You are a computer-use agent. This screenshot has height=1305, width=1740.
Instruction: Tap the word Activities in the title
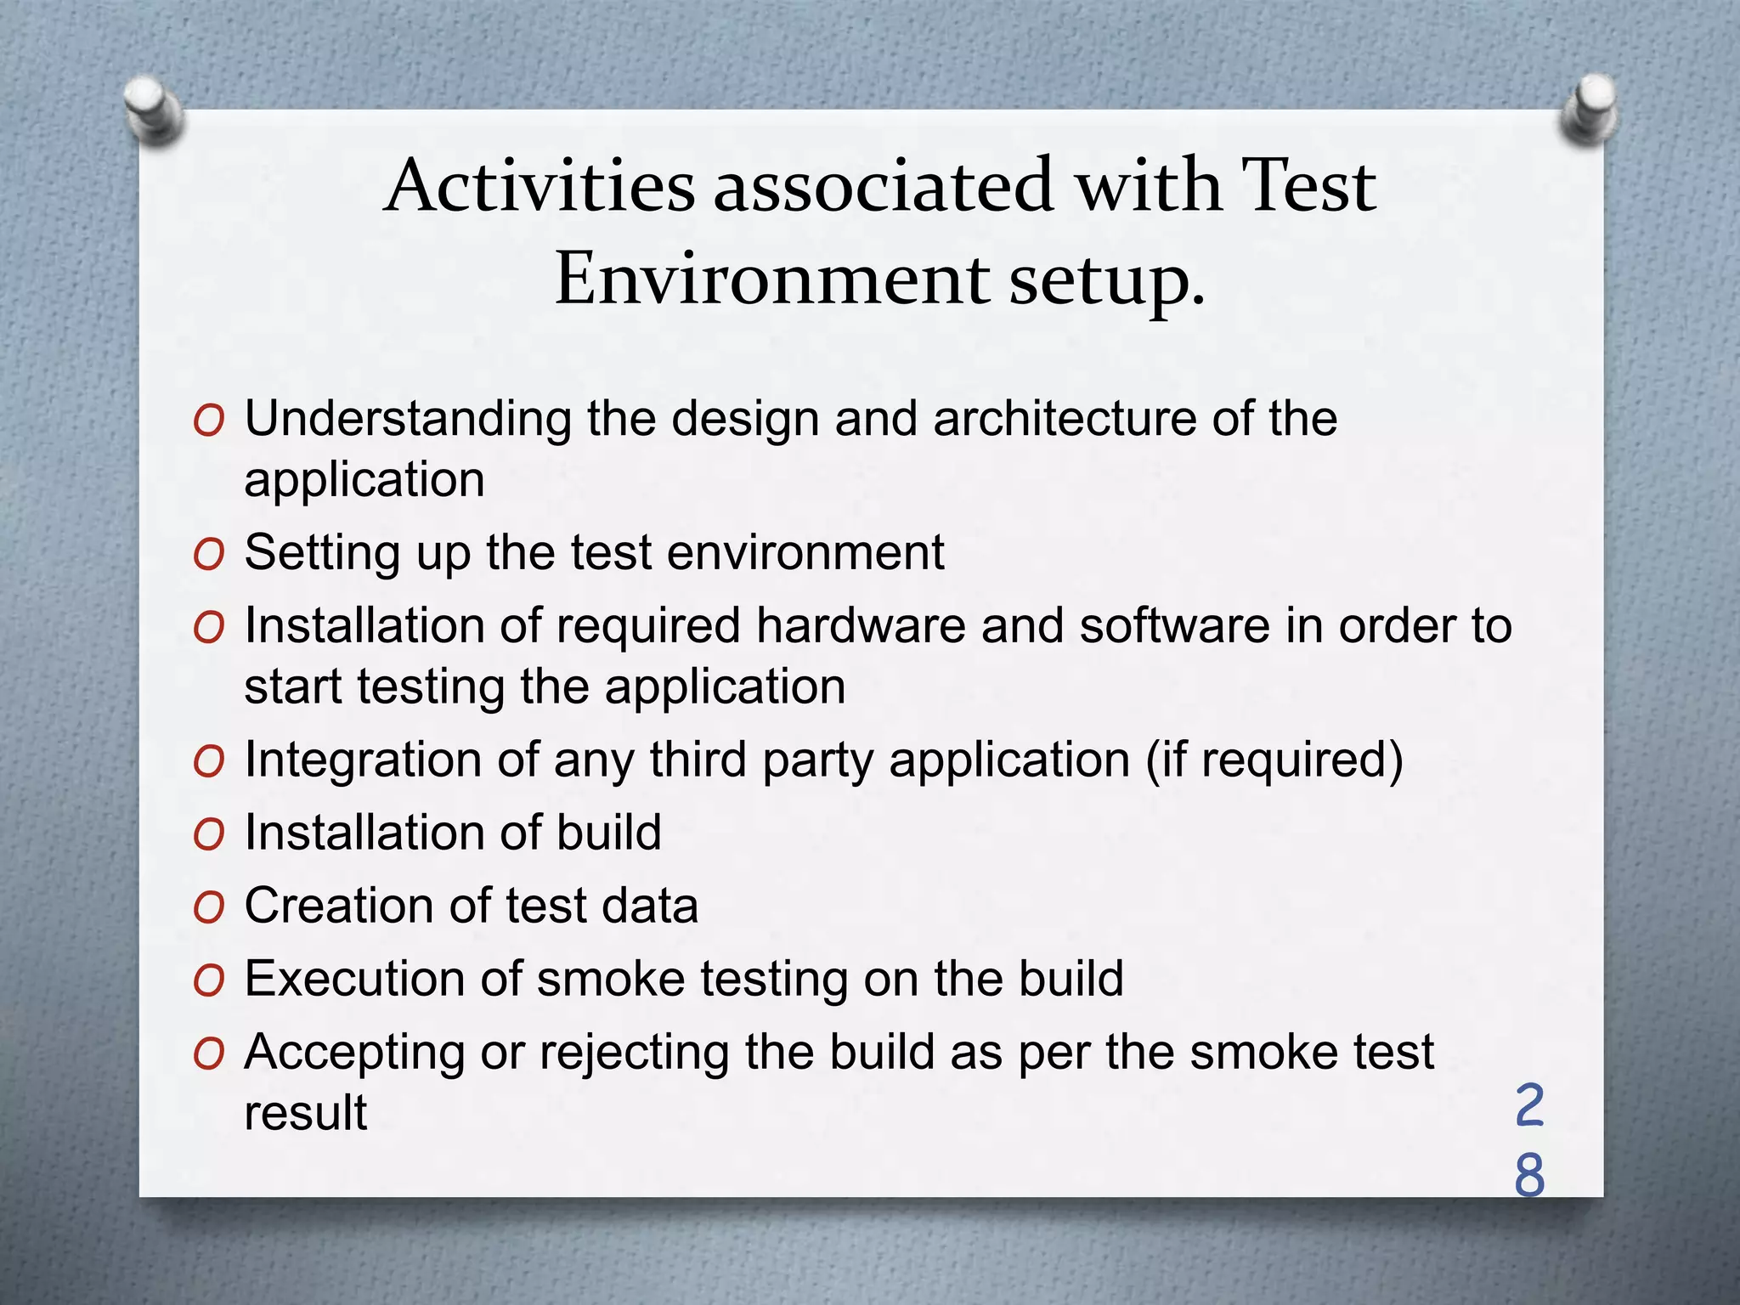(540, 186)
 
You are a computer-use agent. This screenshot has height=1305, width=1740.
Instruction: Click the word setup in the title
(1106, 280)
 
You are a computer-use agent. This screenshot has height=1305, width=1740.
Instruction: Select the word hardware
(861, 626)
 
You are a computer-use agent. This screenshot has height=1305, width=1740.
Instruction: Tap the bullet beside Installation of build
(208, 834)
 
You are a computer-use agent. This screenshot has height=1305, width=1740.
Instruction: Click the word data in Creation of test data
(650, 906)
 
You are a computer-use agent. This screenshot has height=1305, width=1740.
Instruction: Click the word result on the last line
(306, 1113)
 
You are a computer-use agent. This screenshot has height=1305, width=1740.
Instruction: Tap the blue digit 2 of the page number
(1529, 1105)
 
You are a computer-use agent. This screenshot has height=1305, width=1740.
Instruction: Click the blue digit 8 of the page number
(1529, 1177)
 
